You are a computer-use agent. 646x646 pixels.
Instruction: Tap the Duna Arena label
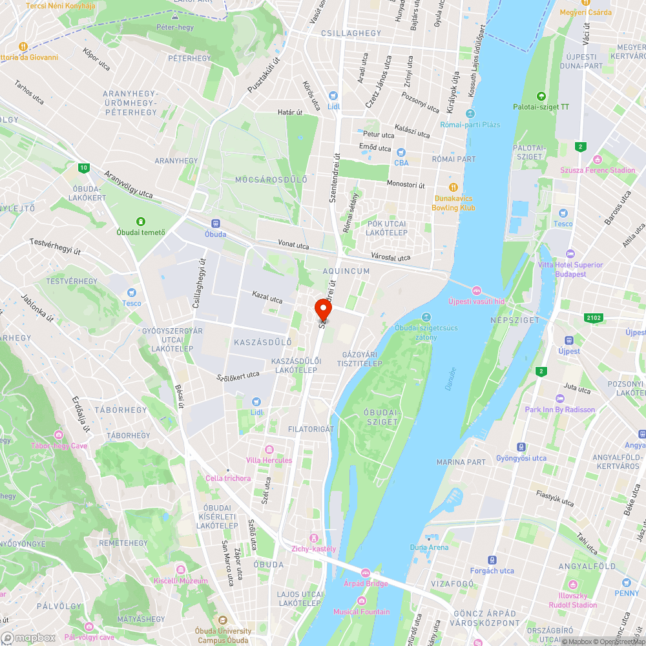[429, 547]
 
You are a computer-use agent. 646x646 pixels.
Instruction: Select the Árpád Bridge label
[366, 583]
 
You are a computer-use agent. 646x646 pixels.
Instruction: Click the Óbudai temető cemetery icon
[141, 221]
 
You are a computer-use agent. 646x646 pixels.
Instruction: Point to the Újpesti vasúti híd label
[476, 300]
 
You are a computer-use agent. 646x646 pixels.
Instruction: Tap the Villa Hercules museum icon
[269, 449]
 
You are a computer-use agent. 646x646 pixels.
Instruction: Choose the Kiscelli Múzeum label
[181, 581]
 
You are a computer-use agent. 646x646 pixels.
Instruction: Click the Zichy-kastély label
[314, 548]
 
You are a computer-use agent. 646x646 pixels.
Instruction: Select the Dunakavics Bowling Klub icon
[454, 188]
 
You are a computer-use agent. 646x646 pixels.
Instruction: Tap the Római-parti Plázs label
[470, 125]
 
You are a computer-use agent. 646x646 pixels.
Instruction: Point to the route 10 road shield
[83, 168]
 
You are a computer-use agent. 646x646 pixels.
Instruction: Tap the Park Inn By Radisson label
[559, 410]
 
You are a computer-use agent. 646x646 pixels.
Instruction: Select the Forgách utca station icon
[492, 559]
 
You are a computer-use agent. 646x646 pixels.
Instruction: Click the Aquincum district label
[347, 271]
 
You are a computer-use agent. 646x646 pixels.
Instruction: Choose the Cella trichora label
[228, 478]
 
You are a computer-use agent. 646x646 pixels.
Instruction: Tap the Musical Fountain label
[362, 612]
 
